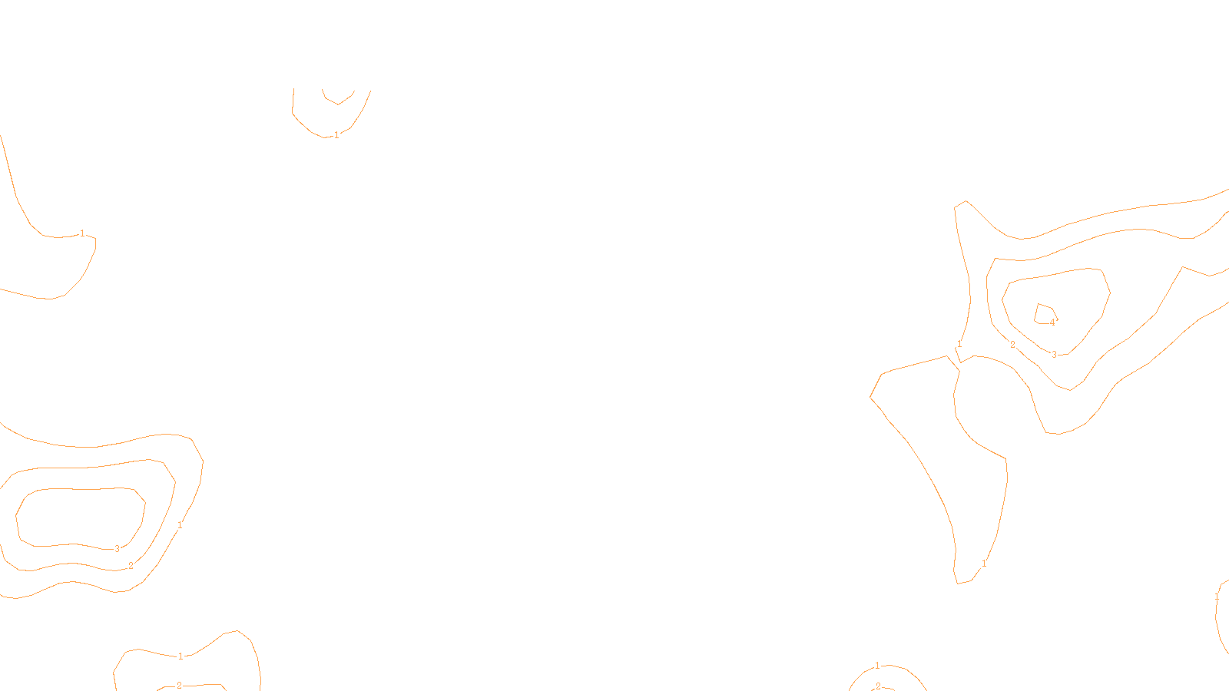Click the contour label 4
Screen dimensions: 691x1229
click(1052, 322)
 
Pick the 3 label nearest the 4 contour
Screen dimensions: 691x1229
click(1054, 355)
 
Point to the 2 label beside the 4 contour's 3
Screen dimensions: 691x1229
click(1012, 345)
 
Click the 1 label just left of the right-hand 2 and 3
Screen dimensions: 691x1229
click(959, 345)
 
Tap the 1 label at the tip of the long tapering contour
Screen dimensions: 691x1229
click(984, 564)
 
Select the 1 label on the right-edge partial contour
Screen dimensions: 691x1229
click(1217, 597)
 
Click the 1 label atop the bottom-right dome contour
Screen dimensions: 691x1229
click(877, 666)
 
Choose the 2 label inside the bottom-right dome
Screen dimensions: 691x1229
click(878, 686)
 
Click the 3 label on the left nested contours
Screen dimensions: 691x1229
click(117, 549)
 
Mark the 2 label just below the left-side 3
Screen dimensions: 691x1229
click(131, 566)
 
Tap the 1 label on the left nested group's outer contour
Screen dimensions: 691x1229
click(180, 525)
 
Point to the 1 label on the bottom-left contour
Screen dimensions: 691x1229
click(181, 656)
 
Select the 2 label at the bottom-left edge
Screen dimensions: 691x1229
click(179, 686)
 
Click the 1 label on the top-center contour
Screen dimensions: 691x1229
click(336, 135)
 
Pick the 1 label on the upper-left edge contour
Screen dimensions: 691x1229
click(82, 233)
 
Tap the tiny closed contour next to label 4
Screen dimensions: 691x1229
click(1043, 313)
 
